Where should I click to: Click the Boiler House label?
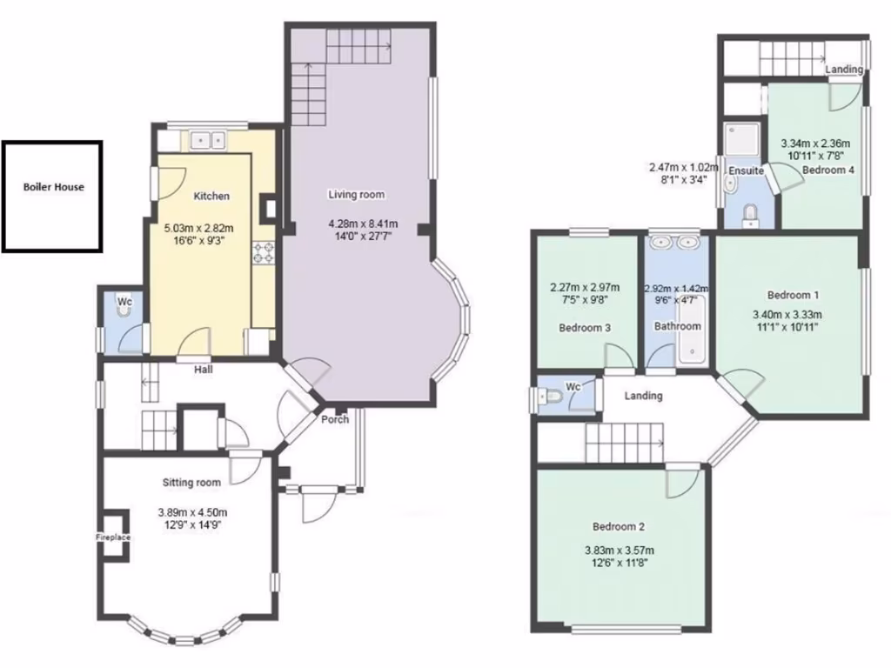coord(53,187)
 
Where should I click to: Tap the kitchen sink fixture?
coord(206,139)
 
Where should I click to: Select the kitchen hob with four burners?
coord(263,253)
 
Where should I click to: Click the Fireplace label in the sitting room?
coord(113,538)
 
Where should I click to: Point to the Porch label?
coord(335,419)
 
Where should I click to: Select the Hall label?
coord(204,369)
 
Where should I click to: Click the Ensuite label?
coord(746,171)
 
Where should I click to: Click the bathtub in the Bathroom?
coord(690,345)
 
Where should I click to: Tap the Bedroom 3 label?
coord(584,328)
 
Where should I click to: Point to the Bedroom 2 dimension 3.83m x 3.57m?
coord(619,550)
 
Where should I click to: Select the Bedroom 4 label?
coord(827,170)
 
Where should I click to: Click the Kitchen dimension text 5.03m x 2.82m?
coord(199,229)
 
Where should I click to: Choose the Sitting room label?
coord(191,482)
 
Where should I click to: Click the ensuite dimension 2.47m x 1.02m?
coord(683,167)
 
